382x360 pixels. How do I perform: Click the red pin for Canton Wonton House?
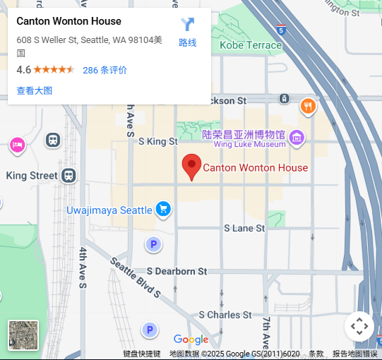tap(191, 166)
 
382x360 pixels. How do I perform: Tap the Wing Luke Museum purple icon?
tap(297, 136)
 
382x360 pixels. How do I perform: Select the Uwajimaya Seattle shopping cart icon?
tap(164, 209)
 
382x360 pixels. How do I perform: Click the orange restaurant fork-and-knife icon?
tap(308, 107)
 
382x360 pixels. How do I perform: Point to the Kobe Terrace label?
tap(251, 45)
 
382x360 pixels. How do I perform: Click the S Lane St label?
tap(244, 229)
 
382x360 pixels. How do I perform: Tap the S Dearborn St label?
tap(177, 271)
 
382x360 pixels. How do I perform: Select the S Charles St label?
tap(225, 315)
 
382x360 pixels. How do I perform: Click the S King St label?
tap(158, 141)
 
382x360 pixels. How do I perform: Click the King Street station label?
tap(32, 176)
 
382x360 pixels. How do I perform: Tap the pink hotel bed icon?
tap(17, 145)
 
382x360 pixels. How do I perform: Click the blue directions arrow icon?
tap(187, 25)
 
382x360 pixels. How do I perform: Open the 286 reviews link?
tap(105, 70)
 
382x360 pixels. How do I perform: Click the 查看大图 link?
tap(35, 90)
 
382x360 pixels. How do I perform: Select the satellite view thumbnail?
tap(23, 335)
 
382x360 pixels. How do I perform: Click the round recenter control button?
tap(359, 326)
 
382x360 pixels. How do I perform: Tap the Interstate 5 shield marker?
tap(281, 31)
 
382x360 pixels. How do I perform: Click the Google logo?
tap(191, 340)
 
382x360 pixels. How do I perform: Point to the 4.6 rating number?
tap(23, 70)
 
